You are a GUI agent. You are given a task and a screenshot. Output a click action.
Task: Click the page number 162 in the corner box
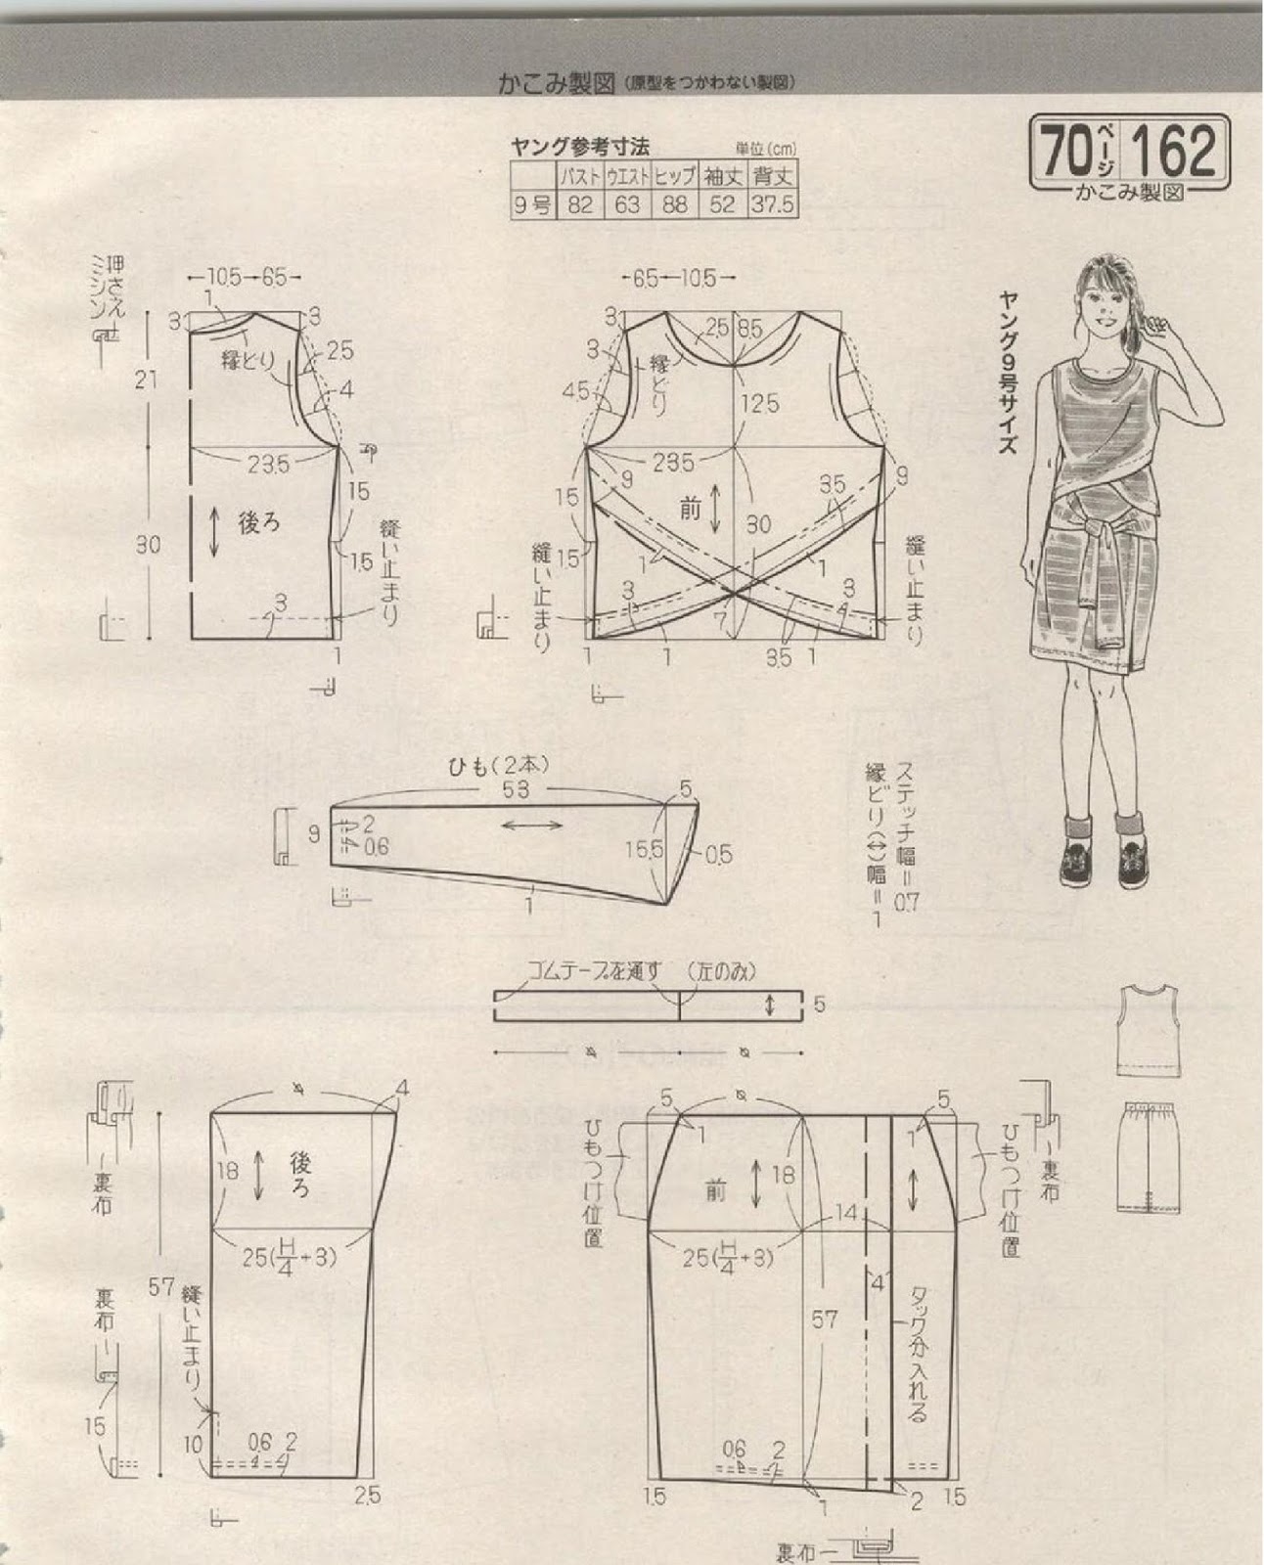point(1174,151)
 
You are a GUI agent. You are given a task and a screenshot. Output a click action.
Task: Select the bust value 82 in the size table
point(580,205)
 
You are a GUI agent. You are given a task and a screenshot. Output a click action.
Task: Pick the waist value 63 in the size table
point(627,205)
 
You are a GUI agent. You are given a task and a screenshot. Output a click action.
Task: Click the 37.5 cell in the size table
point(773,205)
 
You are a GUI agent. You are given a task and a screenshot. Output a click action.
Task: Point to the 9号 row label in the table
point(533,205)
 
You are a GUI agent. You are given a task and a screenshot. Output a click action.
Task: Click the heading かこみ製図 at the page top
point(559,83)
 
